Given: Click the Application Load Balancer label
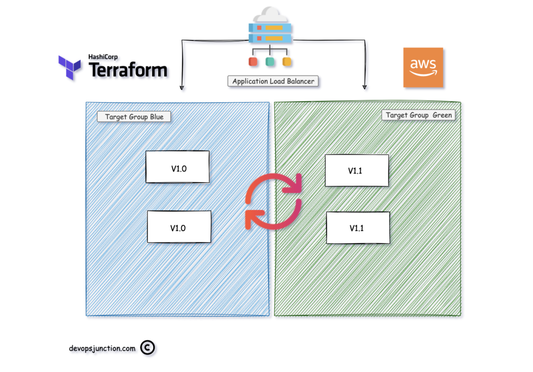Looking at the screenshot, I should pyautogui.click(x=273, y=81).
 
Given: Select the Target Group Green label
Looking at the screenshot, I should pyautogui.click(x=419, y=115).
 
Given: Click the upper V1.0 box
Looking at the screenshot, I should pyautogui.click(x=178, y=167).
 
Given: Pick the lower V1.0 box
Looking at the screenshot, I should pyautogui.click(x=179, y=227).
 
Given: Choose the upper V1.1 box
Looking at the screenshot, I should pyautogui.click(x=356, y=170).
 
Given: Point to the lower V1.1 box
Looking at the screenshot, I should pyautogui.click(x=358, y=228).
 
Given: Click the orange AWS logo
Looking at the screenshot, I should pyautogui.click(x=423, y=68).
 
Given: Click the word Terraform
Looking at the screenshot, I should pyautogui.click(x=128, y=70).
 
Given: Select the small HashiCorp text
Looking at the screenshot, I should pyautogui.click(x=103, y=57).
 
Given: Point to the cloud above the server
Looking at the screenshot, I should pyautogui.click(x=270, y=15).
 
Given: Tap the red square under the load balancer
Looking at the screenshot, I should pyautogui.click(x=253, y=62).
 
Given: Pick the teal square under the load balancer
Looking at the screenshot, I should pyautogui.click(x=270, y=62).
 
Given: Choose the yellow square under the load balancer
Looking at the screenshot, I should pyautogui.click(x=287, y=62).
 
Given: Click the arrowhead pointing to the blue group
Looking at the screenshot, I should pyautogui.click(x=182, y=87).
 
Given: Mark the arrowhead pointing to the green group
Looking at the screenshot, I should pyautogui.click(x=365, y=87).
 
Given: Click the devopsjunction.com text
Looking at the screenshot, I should pyautogui.click(x=102, y=348).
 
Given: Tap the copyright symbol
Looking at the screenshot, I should pyautogui.click(x=148, y=348).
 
